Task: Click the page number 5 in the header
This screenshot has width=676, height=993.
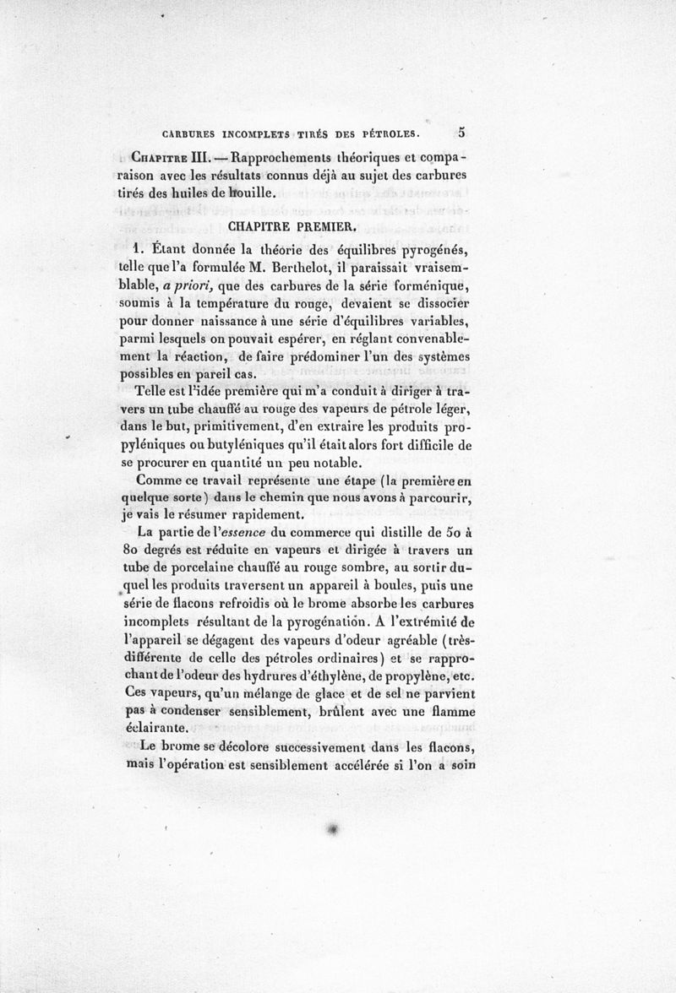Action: point(463,133)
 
